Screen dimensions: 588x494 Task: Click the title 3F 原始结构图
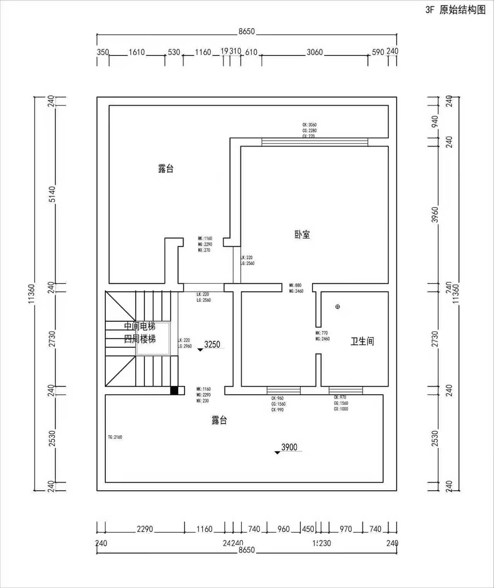pyautogui.click(x=455, y=10)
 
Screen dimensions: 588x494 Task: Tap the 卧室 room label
pyautogui.click(x=302, y=235)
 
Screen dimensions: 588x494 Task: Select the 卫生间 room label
pyautogui.click(x=362, y=341)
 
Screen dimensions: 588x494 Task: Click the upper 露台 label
pyautogui.click(x=166, y=169)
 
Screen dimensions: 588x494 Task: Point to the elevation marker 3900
pyautogui.click(x=289, y=447)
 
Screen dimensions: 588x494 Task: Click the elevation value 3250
pyautogui.click(x=212, y=345)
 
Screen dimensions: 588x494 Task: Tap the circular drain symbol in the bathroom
pyautogui.click(x=338, y=307)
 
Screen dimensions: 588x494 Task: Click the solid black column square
pyautogui.click(x=174, y=390)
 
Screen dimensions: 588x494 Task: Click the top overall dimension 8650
pyautogui.click(x=247, y=31)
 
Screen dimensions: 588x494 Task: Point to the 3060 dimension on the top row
pyautogui.click(x=315, y=52)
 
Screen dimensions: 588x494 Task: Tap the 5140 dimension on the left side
pyautogui.click(x=52, y=194)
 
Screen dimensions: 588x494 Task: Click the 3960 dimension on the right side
pyautogui.click(x=435, y=215)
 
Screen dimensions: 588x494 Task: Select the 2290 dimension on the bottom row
pyautogui.click(x=145, y=529)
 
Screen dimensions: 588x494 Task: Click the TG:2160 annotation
pyautogui.click(x=115, y=437)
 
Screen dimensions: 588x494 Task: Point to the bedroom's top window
pyautogui.click(x=315, y=142)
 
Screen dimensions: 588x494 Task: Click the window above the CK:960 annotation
pyautogui.click(x=284, y=390)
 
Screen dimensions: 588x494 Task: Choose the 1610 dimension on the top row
pyautogui.click(x=137, y=52)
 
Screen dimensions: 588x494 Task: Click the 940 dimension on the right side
pyautogui.click(x=435, y=122)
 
